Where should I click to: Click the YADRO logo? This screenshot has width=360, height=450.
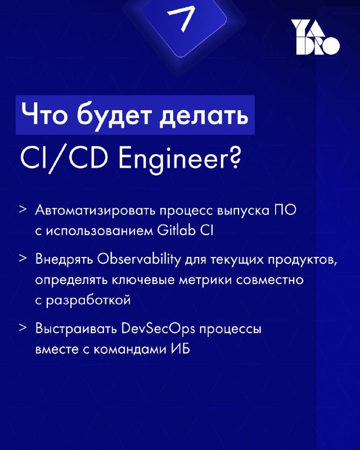316,37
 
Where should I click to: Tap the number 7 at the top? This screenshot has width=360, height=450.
181,19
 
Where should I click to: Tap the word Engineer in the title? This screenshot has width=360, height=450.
173,160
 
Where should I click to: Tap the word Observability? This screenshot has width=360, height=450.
139,260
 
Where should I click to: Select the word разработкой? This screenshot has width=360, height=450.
88,301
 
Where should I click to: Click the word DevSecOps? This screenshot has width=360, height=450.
158,329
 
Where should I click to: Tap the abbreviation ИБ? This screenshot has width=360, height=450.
181,349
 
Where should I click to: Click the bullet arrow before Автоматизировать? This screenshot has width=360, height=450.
23,209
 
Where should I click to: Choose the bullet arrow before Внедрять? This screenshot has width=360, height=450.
23,258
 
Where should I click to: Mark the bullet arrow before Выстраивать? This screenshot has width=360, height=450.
23,327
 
